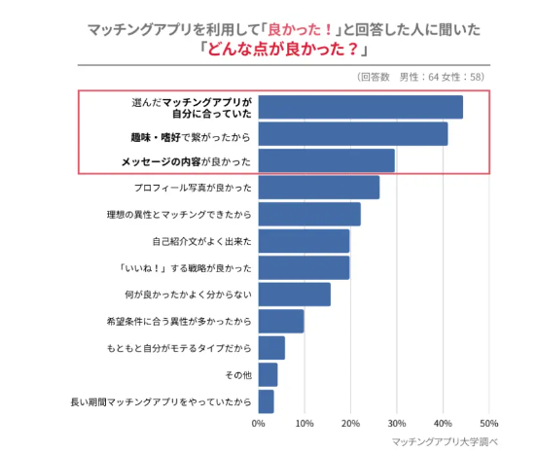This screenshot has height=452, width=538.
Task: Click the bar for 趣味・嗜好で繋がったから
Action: [x=353, y=134]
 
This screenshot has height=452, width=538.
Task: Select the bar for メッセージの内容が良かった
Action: [x=327, y=160]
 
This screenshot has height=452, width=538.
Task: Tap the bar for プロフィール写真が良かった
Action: [x=319, y=188]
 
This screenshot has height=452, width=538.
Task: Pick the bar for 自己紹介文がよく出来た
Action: [x=304, y=241]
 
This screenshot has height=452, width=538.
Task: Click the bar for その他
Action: [x=268, y=374]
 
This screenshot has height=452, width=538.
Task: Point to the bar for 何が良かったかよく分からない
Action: [x=295, y=295]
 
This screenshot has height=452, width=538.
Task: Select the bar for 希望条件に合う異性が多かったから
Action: [x=281, y=321]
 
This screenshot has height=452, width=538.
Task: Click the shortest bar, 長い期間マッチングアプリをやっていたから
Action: [x=267, y=401]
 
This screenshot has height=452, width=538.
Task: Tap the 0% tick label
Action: [x=259, y=424]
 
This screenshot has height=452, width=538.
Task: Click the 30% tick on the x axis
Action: [x=397, y=424]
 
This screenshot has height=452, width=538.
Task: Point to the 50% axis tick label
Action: [x=489, y=424]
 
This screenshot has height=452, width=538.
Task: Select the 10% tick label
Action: [x=305, y=424]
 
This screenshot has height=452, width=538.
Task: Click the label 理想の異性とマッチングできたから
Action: [x=179, y=215]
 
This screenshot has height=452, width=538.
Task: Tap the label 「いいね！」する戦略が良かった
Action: [x=185, y=268]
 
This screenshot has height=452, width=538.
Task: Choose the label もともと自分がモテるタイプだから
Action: [x=179, y=348]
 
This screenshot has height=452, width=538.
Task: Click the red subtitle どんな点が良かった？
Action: [x=283, y=49]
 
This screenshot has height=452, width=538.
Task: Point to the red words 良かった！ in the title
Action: [x=301, y=29]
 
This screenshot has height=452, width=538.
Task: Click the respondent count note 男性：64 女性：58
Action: [x=442, y=77]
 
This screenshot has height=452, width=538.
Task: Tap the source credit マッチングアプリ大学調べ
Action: [x=445, y=441]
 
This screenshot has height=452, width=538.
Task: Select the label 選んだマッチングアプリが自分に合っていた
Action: [x=192, y=108]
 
